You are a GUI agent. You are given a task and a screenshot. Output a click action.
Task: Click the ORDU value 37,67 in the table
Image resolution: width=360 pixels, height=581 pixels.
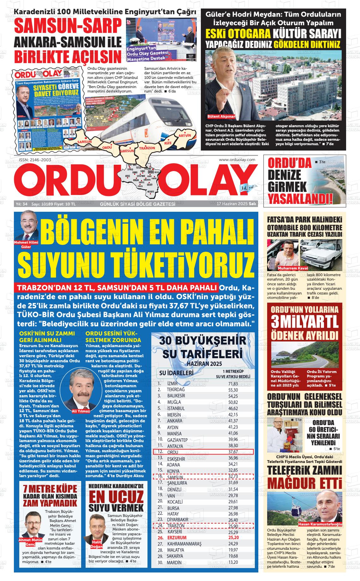point(233,452)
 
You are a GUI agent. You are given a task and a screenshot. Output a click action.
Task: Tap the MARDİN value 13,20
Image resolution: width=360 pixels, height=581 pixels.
point(233,571)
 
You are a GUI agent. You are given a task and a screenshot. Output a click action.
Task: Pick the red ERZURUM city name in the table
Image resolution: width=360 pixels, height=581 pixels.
point(177,537)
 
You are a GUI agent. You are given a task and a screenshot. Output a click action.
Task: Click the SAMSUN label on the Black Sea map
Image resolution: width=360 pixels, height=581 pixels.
point(84,142)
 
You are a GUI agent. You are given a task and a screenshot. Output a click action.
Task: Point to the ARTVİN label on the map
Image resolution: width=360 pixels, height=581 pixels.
point(185,135)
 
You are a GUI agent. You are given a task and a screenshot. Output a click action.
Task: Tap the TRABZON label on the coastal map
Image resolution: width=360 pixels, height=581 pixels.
point(147,148)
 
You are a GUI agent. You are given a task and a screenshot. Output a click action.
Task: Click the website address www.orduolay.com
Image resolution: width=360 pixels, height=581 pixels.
point(237,160)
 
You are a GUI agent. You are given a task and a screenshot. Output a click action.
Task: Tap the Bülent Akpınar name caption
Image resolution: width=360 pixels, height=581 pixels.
point(221,116)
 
